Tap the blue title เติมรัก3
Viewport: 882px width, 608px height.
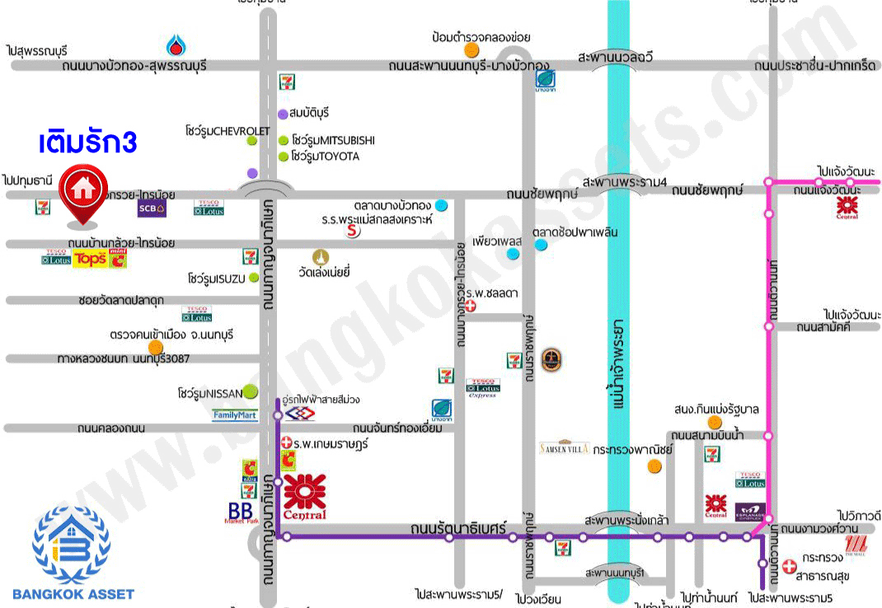(x=87, y=142)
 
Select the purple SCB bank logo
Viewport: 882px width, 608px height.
(x=152, y=208)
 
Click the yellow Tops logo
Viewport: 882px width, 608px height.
(x=90, y=260)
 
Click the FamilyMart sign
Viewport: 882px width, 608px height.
(x=235, y=415)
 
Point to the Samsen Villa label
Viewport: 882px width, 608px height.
(x=564, y=448)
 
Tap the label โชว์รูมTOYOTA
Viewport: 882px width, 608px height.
(x=326, y=157)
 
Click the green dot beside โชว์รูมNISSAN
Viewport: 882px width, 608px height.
(x=249, y=392)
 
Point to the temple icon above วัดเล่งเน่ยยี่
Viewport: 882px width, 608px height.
(x=320, y=255)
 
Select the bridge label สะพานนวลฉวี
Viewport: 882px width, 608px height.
(x=616, y=58)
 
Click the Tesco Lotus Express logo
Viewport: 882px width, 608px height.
(x=482, y=388)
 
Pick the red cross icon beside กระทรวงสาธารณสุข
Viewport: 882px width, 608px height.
(x=789, y=567)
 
